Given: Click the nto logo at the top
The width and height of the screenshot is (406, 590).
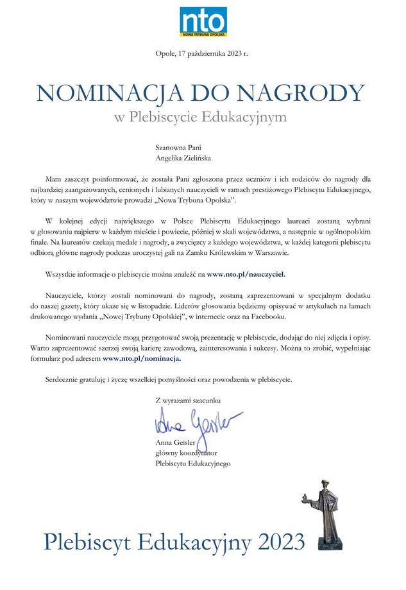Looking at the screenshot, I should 203,22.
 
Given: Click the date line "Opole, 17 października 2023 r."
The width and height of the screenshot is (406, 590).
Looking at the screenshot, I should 201,54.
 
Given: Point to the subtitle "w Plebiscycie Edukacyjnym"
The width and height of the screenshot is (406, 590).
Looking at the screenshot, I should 201,118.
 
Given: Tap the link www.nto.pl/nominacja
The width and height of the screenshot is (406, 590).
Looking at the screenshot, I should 142,359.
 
